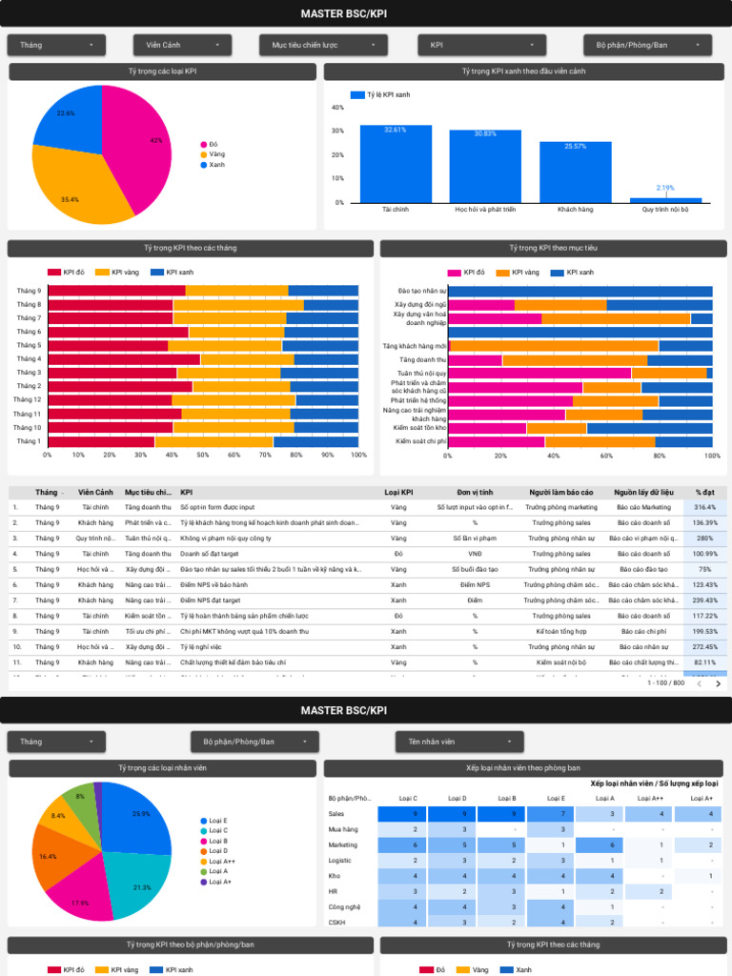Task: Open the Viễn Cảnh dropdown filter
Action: [x=182, y=45]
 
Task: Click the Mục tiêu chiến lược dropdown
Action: [x=322, y=45]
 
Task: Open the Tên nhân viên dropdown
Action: [x=458, y=741]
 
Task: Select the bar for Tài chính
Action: [x=396, y=164]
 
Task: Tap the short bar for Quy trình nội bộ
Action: [x=665, y=200]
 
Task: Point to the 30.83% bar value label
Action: [x=486, y=133]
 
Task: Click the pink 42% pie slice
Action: [x=143, y=143]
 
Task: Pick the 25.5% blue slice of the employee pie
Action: [x=138, y=820]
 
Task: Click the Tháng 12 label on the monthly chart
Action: [x=28, y=399]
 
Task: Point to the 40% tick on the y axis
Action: [x=337, y=108]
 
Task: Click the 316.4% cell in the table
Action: [x=704, y=507]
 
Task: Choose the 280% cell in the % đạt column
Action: [x=704, y=538]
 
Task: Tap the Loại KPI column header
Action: [x=398, y=492]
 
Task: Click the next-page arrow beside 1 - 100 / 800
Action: [x=719, y=683]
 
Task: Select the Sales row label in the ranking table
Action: [x=336, y=814]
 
